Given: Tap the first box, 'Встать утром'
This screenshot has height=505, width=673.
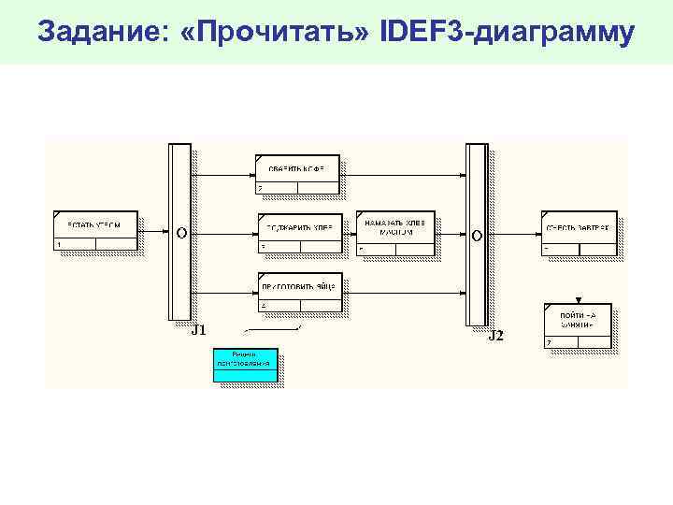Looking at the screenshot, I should tap(95, 231).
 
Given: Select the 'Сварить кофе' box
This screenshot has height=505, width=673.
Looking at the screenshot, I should tap(298, 174).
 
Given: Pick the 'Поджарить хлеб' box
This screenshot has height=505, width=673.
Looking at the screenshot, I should tap(300, 233).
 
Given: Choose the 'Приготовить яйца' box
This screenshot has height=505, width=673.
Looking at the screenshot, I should tap(300, 291).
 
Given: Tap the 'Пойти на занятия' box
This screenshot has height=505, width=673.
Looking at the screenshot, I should tap(578, 325).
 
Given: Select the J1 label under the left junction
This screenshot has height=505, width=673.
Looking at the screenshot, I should tap(198, 330).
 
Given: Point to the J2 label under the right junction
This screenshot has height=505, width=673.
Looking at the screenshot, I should tap(496, 335).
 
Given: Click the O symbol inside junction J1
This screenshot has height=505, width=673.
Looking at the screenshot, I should tap(180, 231).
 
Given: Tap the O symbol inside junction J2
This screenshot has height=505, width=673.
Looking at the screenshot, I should tap(477, 235).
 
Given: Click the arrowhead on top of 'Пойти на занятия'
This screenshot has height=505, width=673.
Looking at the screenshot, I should tap(579, 299).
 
